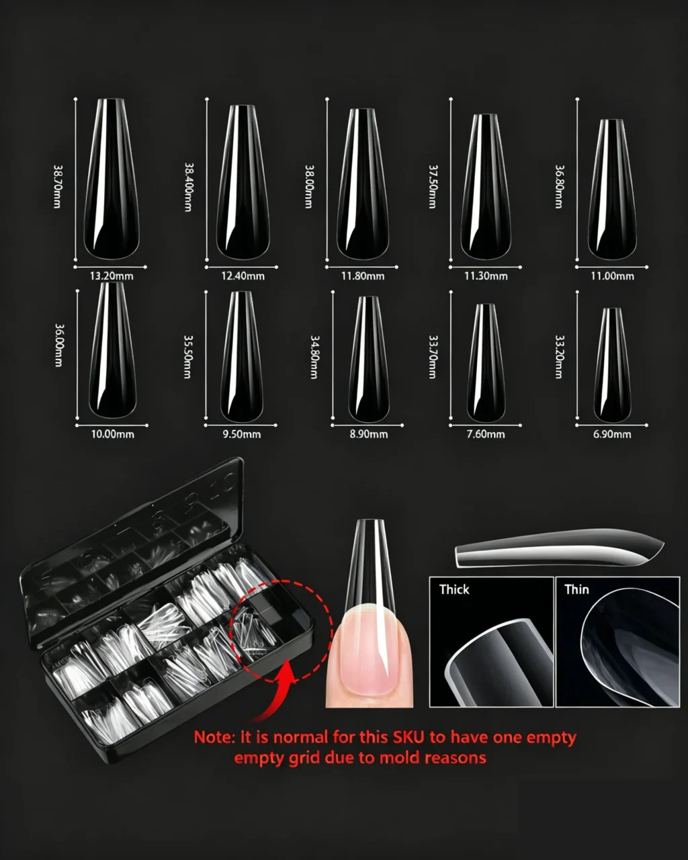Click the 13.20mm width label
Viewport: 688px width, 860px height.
111,276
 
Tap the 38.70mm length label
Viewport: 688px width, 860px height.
58,187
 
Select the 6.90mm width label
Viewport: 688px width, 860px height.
612,435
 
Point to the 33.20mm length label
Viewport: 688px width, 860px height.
559,357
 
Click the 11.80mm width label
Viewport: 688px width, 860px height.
363,276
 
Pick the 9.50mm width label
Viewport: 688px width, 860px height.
242,435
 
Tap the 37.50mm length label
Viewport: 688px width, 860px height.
433,187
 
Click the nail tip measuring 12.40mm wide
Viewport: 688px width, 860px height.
243,182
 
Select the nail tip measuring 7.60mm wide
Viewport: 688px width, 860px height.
486,363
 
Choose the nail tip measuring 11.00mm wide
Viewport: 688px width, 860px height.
612,189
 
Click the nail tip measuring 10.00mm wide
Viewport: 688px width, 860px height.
113,350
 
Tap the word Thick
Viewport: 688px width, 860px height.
454,589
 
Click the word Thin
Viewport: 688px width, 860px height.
577,589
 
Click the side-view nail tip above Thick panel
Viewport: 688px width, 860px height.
560,548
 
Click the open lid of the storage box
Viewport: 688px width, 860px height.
132,552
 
